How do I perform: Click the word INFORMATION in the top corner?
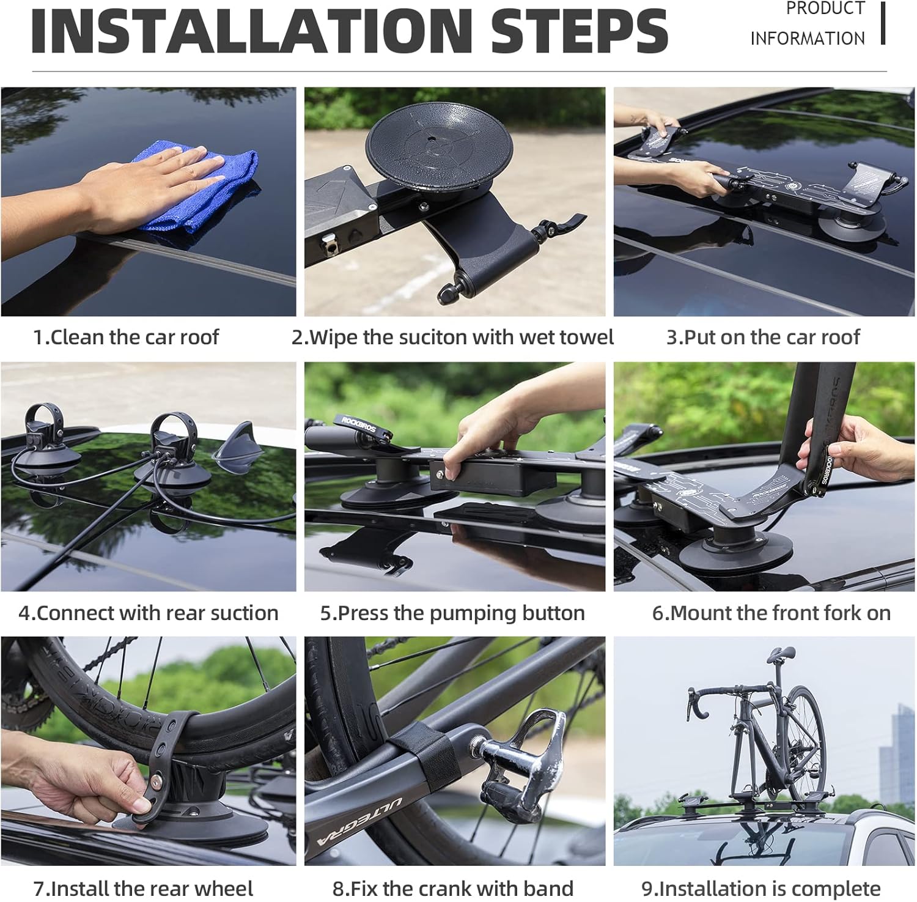pyautogui.click(x=807, y=39)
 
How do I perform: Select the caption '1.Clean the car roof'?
pyautogui.click(x=126, y=337)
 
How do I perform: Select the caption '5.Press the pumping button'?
pyautogui.click(x=452, y=613)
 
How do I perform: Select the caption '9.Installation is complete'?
pyautogui.click(x=761, y=888)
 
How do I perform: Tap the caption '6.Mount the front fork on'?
pyautogui.click(x=771, y=613)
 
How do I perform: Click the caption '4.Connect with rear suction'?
pyautogui.click(x=149, y=613)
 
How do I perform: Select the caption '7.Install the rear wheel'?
pyautogui.click(x=143, y=888)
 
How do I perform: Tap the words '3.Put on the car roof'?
pyautogui.click(x=763, y=337)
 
